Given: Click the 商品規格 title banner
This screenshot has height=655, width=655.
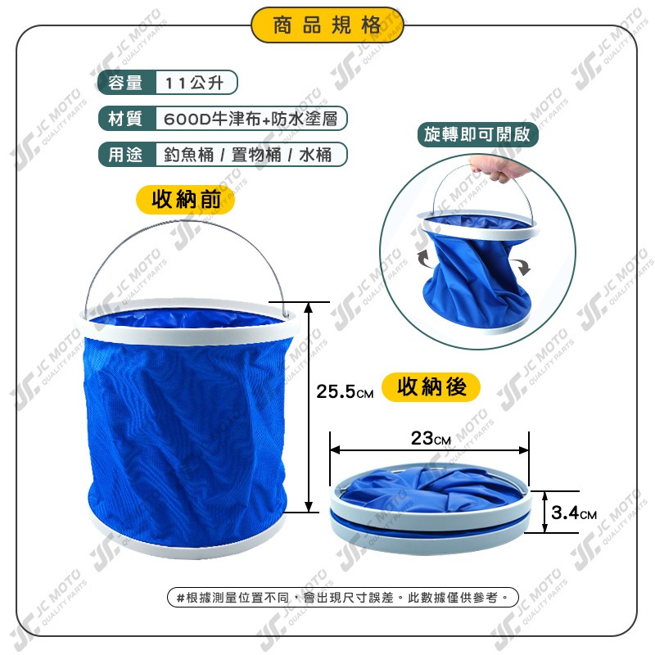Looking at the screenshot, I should [327, 25].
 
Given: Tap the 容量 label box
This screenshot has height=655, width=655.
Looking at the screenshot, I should [124, 84].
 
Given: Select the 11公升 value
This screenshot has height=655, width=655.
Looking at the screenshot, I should [196, 84].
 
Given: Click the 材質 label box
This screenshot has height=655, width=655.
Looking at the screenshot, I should [124, 119].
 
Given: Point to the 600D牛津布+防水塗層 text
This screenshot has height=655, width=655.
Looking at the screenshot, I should [251, 119].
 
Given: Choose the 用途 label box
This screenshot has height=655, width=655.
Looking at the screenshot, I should [124, 154].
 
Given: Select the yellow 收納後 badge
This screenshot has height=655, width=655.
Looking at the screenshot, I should [431, 386].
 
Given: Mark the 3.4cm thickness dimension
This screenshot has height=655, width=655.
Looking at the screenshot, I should [574, 513].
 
